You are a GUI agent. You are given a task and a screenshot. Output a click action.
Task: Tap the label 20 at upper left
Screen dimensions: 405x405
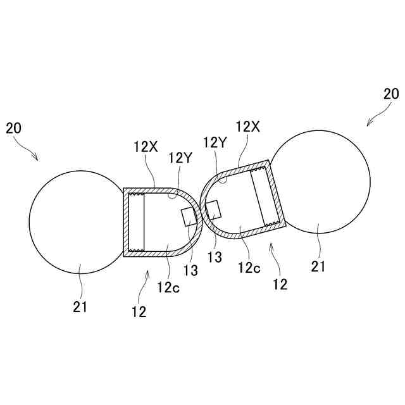(x=13, y=128)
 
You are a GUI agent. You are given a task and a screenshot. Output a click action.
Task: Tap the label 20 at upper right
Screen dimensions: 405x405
(x=391, y=94)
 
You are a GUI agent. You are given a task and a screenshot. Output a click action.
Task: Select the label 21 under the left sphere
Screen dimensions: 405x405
(x=80, y=307)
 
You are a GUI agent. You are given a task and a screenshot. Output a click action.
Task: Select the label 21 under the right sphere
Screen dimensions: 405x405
(x=318, y=266)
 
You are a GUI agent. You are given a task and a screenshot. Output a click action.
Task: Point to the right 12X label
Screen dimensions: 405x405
(x=247, y=127)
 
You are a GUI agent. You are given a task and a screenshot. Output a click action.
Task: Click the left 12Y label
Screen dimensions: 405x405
(x=179, y=158)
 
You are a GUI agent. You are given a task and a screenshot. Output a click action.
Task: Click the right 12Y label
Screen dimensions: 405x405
(x=215, y=142)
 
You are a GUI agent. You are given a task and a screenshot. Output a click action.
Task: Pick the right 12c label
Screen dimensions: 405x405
(x=249, y=267)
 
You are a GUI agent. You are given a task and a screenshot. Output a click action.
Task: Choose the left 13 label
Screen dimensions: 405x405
(x=190, y=271)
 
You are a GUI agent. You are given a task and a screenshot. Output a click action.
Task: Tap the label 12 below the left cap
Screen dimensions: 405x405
(x=139, y=311)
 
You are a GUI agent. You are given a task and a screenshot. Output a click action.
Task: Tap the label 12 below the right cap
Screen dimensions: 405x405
(x=280, y=284)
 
